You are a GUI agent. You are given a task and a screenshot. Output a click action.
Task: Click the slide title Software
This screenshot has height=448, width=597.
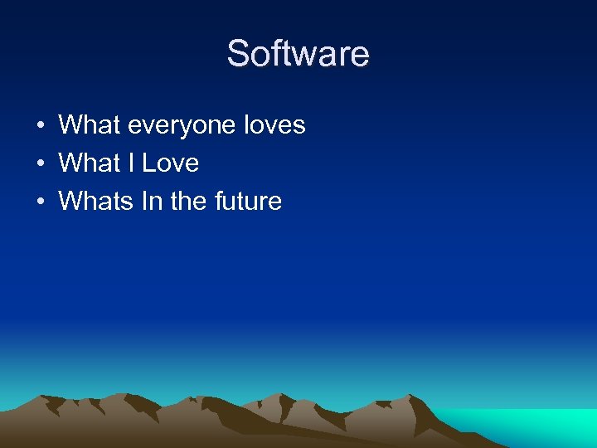(x=298, y=54)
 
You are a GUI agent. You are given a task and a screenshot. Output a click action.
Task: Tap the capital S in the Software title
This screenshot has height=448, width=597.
(x=238, y=54)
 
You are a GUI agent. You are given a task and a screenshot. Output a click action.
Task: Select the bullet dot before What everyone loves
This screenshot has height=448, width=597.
(x=40, y=126)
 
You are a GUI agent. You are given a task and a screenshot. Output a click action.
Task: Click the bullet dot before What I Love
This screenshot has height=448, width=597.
(x=40, y=164)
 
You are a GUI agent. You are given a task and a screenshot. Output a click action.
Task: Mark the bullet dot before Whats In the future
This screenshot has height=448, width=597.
(x=40, y=202)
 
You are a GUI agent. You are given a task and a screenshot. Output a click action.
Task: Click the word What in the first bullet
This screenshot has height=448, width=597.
(x=90, y=125)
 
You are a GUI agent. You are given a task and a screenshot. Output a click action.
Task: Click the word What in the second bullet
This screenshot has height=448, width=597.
(x=90, y=163)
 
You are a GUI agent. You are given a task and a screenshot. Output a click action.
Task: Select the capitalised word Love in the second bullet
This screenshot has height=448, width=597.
(x=171, y=163)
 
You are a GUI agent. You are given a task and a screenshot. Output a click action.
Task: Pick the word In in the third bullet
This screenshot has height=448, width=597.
(x=153, y=201)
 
